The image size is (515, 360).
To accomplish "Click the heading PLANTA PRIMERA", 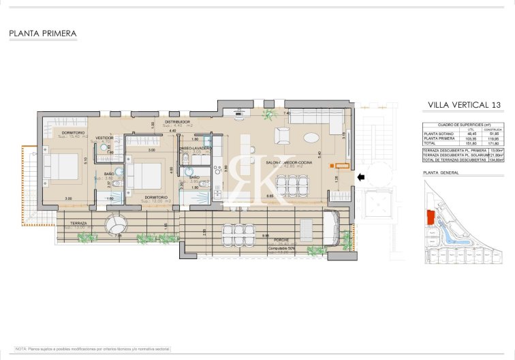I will coord(43,33).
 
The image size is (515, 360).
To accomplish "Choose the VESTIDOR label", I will coord(104,138).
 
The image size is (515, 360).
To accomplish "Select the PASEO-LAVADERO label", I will coord(196,148).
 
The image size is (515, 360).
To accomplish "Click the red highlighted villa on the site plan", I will coord(430,217).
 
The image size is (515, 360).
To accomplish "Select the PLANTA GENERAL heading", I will coord(440,173).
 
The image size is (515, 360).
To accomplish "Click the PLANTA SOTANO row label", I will coord(437,134).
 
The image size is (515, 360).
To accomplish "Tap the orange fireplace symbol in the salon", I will coord(339,165).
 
